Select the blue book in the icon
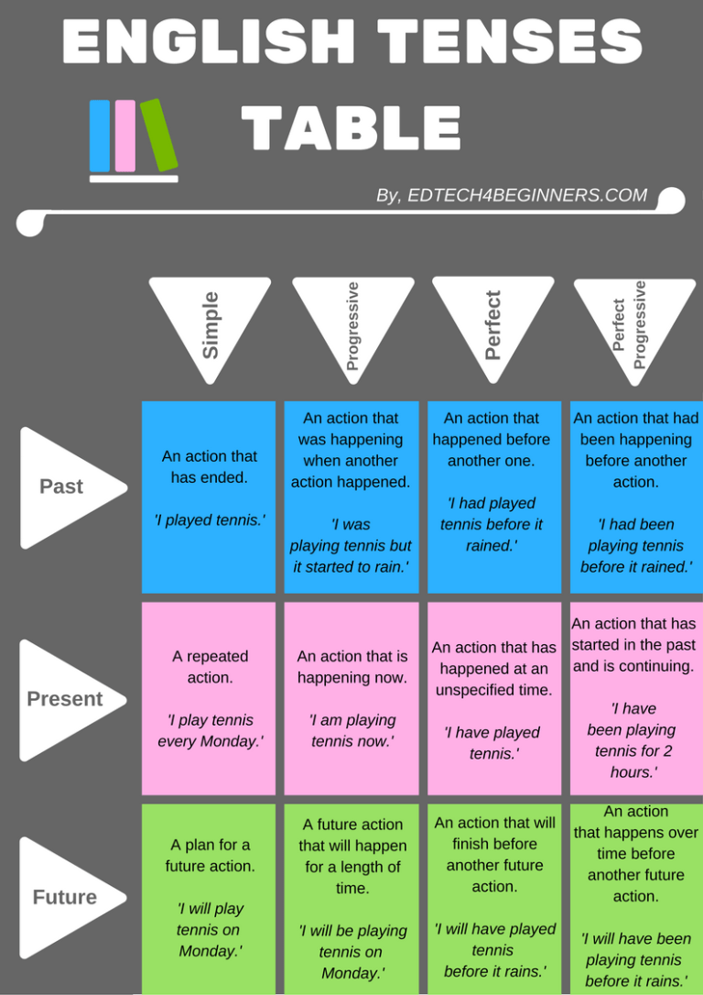(100, 136)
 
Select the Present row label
(66, 699)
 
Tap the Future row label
(66, 897)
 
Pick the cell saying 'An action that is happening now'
(351, 698)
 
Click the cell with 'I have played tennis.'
(493, 698)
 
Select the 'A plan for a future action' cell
(209, 898)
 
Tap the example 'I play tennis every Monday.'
(210, 731)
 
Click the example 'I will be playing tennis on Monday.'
(351, 951)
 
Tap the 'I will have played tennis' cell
(494, 898)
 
